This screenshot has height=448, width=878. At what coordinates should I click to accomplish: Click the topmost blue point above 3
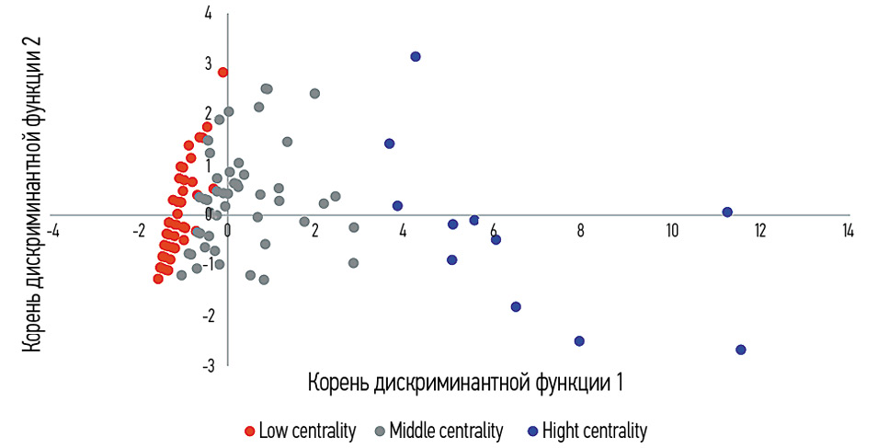tap(416, 56)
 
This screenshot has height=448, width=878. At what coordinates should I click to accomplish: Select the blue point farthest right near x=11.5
tap(741, 350)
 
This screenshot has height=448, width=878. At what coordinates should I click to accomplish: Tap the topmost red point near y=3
tap(222, 72)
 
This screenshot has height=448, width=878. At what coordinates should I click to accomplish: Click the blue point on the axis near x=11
tap(727, 212)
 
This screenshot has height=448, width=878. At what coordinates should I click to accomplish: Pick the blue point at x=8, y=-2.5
tap(579, 341)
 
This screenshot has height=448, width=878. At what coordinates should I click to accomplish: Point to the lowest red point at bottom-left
tap(158, 279)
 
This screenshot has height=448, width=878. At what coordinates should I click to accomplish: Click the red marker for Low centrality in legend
tap(249, 431)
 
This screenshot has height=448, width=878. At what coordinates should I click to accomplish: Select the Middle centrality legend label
tap(446, 431)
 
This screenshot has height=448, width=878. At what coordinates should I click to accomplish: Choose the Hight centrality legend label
tap(595, 431)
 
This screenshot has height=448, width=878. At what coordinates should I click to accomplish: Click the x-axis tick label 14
tap(848, 230)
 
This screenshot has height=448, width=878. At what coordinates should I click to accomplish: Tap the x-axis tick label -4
tap(54, 230)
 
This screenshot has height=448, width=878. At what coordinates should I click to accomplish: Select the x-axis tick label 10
tap(673, 230)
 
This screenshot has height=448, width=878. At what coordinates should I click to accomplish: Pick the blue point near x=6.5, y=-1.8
tap(516, 307)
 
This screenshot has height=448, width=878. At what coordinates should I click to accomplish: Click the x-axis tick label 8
tap(581, 230)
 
